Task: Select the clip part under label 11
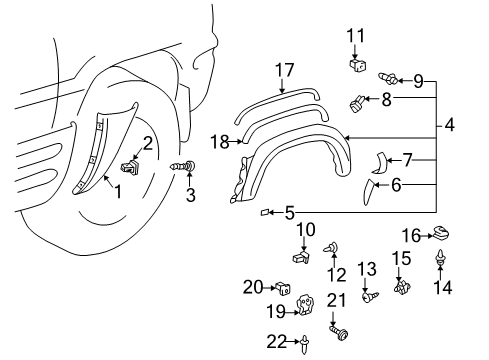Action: coord(357,66)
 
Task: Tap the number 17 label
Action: coord(286,70)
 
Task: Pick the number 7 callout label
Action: coord(408,158)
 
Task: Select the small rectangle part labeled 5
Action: coord(266,212)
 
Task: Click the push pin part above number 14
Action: coord(440,262)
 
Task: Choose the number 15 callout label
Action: coord(400,259)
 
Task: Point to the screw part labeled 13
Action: coord(368,295)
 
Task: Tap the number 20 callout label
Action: coord(254,288)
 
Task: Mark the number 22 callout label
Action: coord(275,341)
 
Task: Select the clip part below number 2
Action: coord(129,163)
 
